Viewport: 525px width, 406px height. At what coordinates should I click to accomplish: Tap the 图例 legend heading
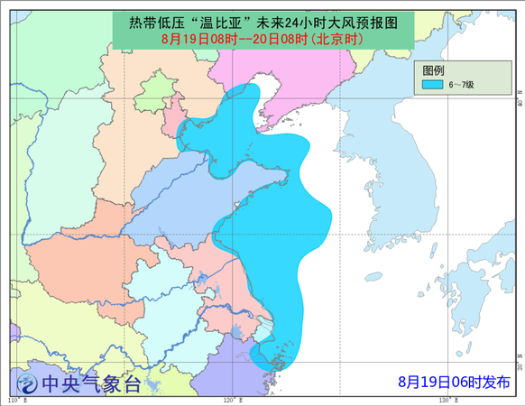433,70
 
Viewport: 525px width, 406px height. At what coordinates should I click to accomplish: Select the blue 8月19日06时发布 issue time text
454,383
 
